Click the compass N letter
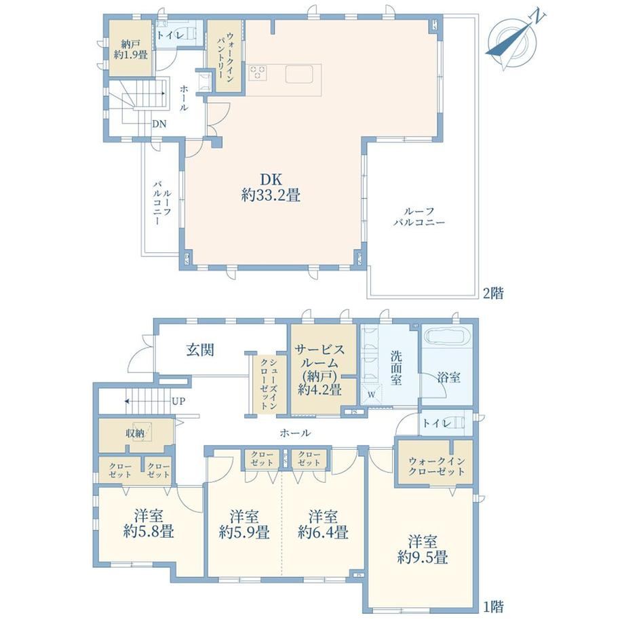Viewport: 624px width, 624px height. pos(539,16)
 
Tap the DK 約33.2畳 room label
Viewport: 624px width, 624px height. pos(271,187)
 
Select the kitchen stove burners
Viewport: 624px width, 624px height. pos(258,73)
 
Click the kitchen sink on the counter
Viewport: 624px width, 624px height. pos(300,73)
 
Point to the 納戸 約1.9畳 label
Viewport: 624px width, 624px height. pos(130,49)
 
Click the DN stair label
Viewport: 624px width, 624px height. pos(159,123)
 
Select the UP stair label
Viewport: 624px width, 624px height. pos(178,401)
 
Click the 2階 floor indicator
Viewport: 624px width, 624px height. pos(493,293)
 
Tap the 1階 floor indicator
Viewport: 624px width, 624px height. pos(493,606)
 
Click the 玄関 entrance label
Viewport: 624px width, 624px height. pos(200,349)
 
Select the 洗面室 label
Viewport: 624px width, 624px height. pos(396,368)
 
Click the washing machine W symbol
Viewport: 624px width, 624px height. pos(371,395)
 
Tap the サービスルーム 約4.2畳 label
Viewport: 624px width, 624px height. pos(320,370)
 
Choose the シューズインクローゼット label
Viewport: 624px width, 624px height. pos(269,385)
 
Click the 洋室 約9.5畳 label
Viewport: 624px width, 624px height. pos(423,549)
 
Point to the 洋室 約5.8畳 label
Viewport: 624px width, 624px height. pos(149,524)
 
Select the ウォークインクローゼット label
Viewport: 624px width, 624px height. pos(437,467)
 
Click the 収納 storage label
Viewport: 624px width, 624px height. pos(135,433)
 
